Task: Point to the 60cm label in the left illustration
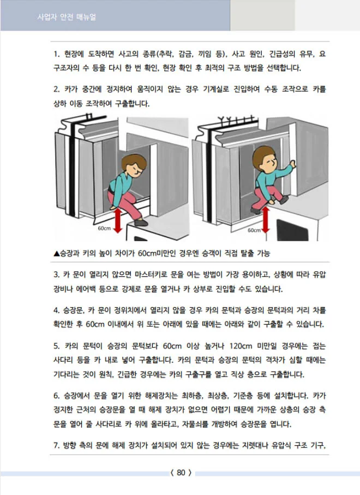click(x=104, y=228)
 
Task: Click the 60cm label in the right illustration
click(x=254, y=230)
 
